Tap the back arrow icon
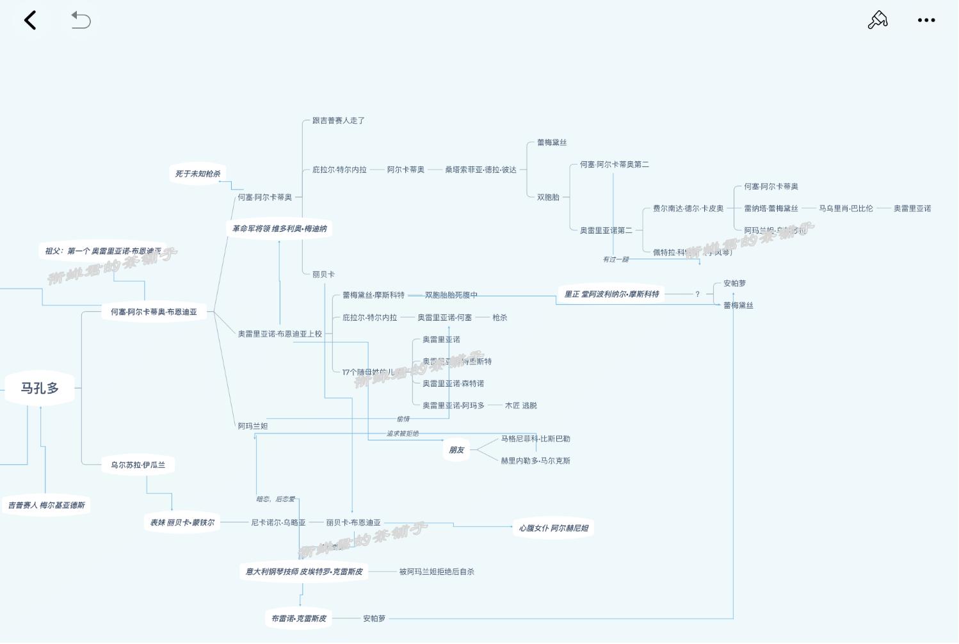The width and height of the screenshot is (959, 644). coord(30,20)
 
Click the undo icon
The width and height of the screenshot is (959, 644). coord(81,20)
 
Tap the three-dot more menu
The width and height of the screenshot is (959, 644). coord(926,20)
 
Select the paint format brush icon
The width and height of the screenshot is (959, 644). coord(877,20)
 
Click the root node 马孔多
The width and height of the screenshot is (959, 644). coord(40,388)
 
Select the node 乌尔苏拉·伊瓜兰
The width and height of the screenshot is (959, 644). coord(138,465)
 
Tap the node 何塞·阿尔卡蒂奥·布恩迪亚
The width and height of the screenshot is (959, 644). coord(154,312)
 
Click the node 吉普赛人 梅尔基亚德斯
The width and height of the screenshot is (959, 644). coord(46,505)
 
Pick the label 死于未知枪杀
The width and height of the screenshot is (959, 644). coord(197,173)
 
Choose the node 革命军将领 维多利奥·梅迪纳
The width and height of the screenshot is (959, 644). coord(279,229)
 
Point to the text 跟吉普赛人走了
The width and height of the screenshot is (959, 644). coord(338,120)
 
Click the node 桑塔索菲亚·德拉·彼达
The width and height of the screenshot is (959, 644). coord(480,170)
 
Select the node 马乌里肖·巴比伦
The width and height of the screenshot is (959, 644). coord(845,208)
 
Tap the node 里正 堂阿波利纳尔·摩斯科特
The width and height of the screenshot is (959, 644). coord(611,294)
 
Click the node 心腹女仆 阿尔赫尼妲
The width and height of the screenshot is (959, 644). coord(553,528)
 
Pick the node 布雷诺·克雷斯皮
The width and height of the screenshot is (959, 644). coord(298,618)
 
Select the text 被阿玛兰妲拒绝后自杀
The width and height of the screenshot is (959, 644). coord(437,572)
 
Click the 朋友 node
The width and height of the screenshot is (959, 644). coord(456,450)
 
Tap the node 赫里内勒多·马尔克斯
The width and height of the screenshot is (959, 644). coord(535,460)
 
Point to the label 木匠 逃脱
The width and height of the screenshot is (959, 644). coord(520,405)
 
